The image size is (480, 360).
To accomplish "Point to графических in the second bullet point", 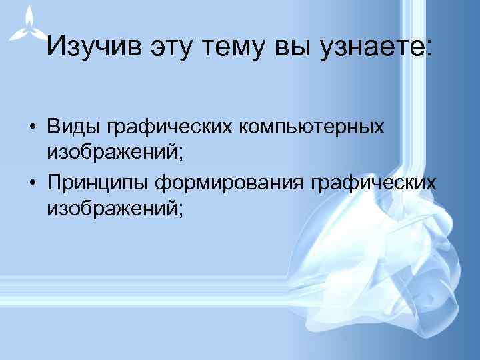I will (375, 183).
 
